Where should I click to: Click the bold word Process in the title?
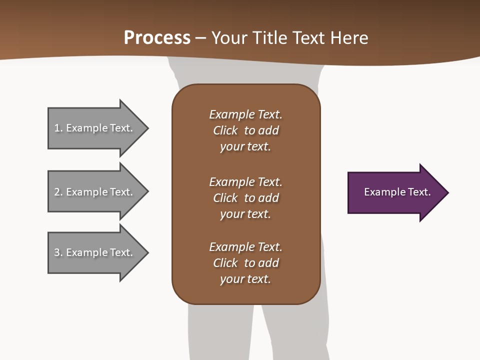[x=157, y=38]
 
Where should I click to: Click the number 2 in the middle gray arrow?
[x=57, y=192]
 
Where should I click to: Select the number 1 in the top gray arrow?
[x=57, y=128]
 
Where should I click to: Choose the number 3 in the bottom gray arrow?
[x=57, y=252]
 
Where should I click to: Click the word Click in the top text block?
[x=225, y=130]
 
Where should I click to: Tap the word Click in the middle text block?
[x=225, y=198]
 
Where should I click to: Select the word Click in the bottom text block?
[x=225, y=263]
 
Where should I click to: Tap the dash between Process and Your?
[x=201, y=38]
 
